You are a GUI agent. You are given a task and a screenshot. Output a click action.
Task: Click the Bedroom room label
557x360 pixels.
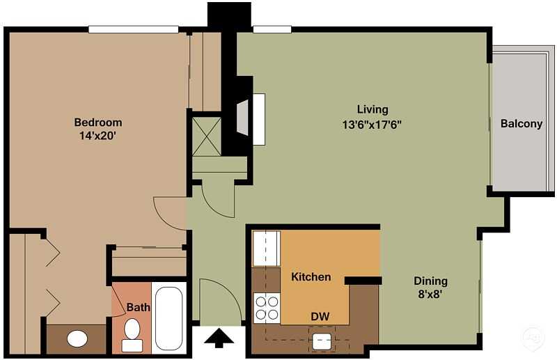(98, 123)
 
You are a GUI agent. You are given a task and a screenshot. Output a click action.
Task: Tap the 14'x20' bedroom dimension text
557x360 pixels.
(98, 136)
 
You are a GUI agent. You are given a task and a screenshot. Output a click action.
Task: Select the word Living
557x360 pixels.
(372, 109)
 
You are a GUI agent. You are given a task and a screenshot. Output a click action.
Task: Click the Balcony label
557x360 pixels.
(521, 124)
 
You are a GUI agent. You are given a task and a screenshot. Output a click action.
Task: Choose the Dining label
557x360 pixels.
(430, 281)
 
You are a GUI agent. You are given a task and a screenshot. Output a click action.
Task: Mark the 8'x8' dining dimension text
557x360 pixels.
(430, 294)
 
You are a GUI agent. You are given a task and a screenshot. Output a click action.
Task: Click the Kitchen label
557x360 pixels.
(311, 277)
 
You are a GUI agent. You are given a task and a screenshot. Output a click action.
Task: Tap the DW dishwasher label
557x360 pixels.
(320, 317)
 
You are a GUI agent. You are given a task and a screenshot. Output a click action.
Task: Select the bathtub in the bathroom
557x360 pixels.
(168, 318)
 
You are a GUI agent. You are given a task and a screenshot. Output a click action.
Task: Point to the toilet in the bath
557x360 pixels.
(132, 334)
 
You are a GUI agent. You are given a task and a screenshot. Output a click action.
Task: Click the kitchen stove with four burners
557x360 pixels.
(266, 307)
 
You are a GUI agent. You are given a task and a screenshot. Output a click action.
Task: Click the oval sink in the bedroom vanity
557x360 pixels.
(77, 339)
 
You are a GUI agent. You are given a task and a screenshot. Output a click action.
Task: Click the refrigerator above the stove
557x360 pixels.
(265, 249)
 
